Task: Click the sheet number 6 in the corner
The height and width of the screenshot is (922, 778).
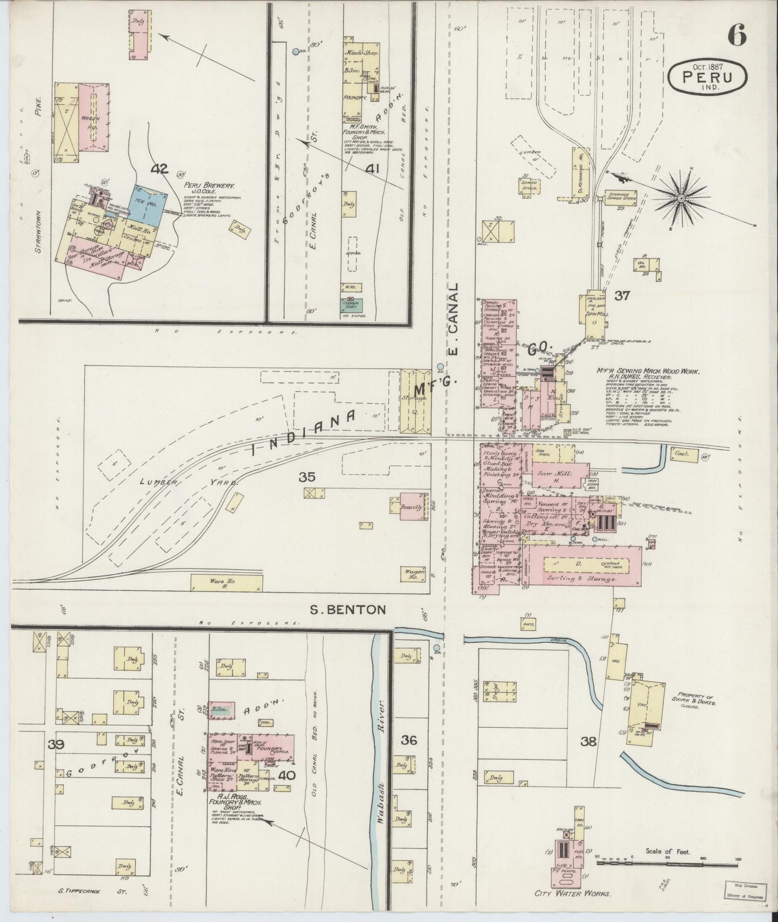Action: tap(737, 36)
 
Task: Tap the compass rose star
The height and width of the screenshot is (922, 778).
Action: tap(681, 198)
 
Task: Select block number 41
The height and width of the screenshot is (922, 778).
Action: tap(372, 169)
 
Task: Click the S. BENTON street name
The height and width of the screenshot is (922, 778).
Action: tap(349, 609)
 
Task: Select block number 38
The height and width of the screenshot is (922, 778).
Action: tap(588, 742)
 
